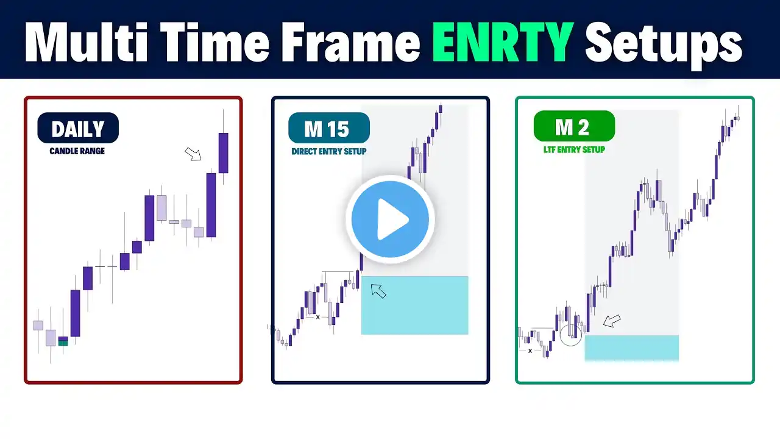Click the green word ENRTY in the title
tap(503, 42)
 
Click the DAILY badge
tap(78, 128)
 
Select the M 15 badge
tap(328, 128)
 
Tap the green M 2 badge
tap(574, 126)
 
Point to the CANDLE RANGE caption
tap(77, 151)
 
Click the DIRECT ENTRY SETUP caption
tap(328, 151)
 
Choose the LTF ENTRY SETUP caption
tap(574, 149)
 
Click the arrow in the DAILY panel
tap(193, 154)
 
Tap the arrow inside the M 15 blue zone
tap(378, 291)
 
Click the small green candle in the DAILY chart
tap(63, 343)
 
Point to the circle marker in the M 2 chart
tap(571, 335)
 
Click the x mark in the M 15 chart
tap(317, 317)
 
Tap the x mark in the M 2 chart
tap(530, 351)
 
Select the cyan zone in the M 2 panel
tap(632, 348)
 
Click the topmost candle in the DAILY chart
tap(223, 152)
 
